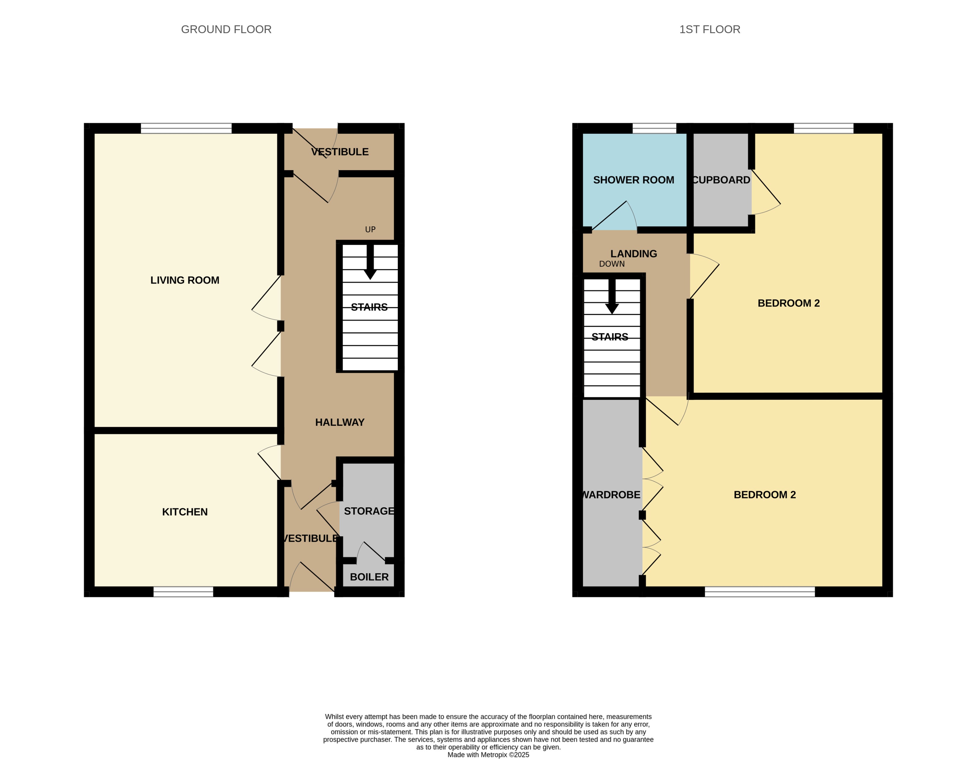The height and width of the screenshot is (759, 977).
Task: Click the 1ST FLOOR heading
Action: coord(710,30)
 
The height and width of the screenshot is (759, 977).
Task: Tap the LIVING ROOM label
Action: coord(185,280)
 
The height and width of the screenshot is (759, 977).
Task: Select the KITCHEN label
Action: coord(185,512)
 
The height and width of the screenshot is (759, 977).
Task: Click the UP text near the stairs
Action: coord(370,230)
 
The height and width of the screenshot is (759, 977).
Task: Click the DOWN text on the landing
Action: coord(611,264)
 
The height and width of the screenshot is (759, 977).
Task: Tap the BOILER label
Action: coord(369,577)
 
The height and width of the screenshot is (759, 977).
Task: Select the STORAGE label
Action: coord(369,511)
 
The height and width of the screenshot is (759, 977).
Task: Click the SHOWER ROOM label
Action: coord(633,180)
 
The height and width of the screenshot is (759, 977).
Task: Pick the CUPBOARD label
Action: coord(721,180)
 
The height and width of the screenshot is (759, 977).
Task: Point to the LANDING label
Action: coord(633,254)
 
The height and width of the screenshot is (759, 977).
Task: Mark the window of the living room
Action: coord(186,128)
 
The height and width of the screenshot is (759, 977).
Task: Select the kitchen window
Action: coord(183,592)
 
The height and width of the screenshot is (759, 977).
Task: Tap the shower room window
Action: coord(654,128)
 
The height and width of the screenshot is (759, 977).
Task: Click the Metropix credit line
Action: coord(488,754)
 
